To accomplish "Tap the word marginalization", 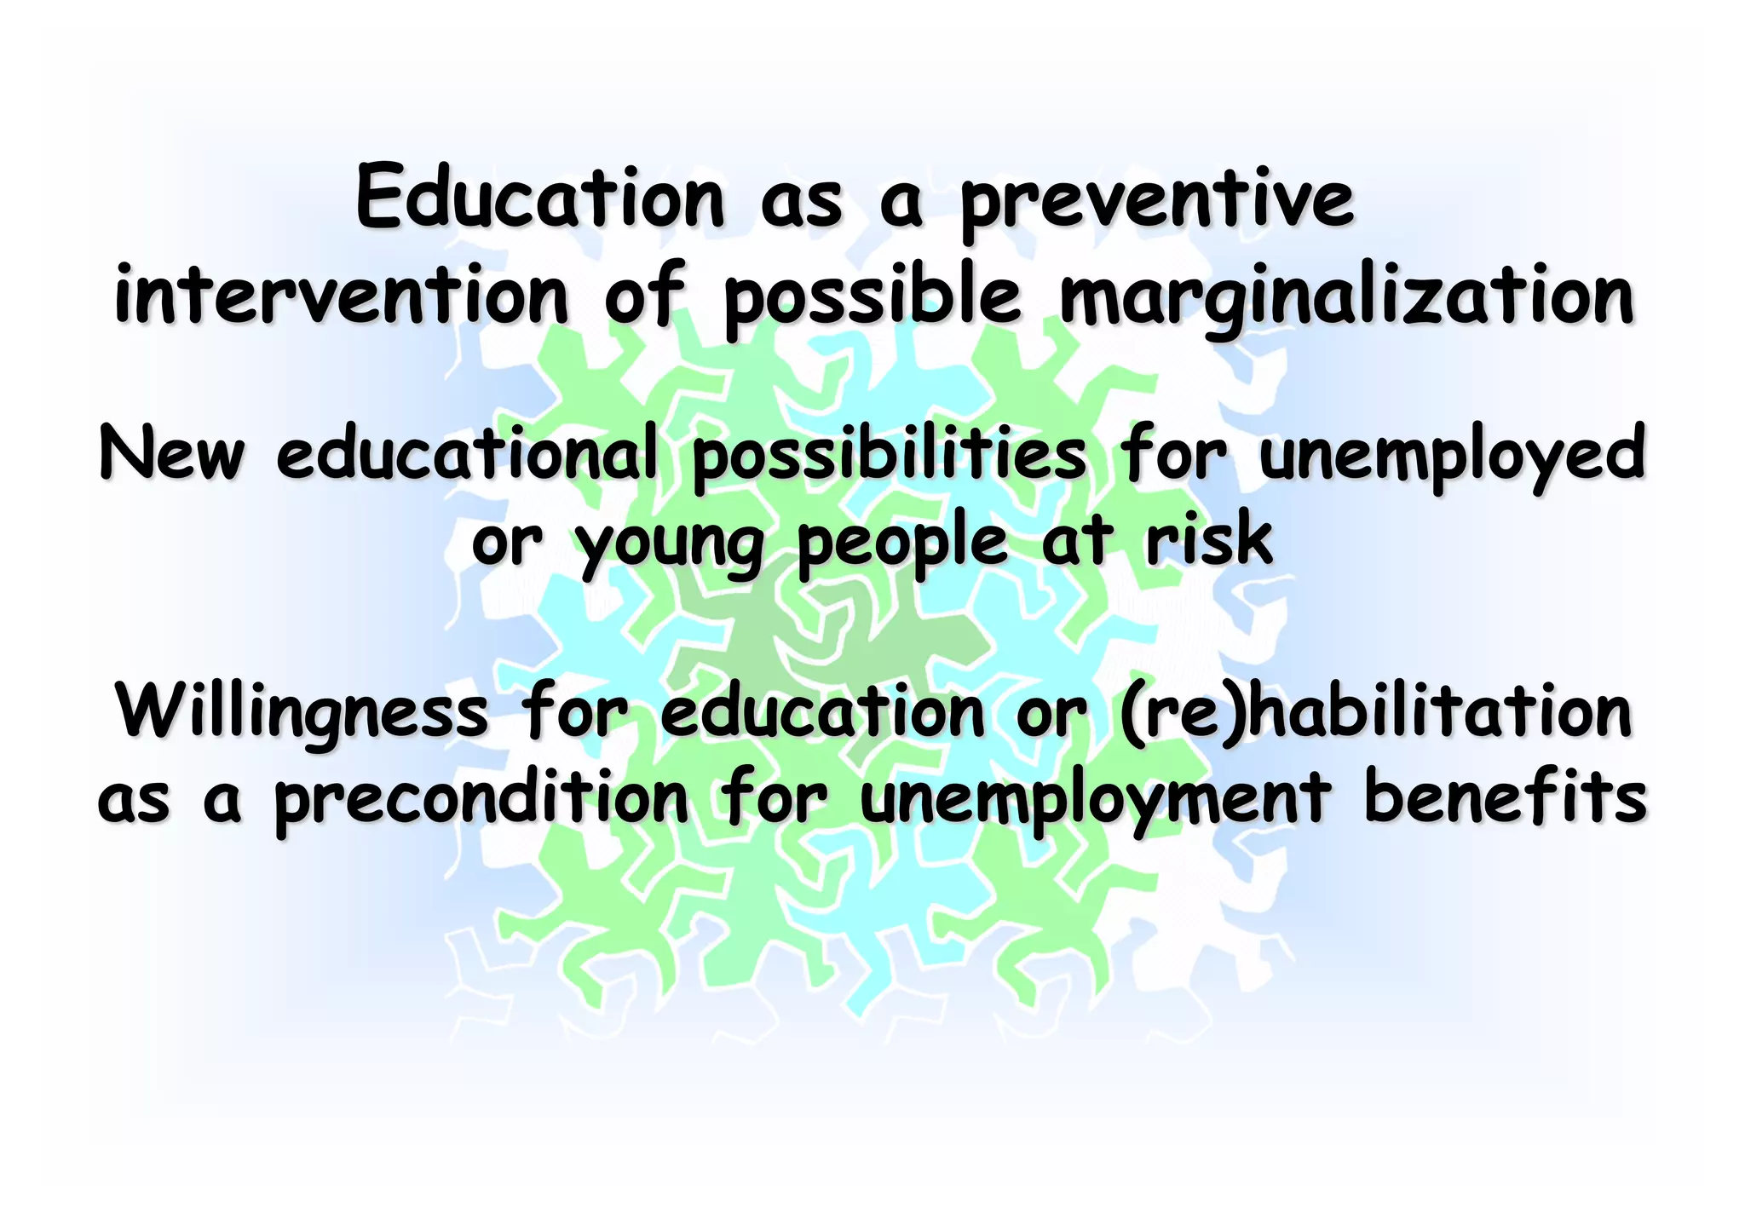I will pyautogui.click(x=1346, y=298).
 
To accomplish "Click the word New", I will pyautogui.click(x=171, y=454).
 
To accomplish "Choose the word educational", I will pyautogui.click(x=468, y=454).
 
